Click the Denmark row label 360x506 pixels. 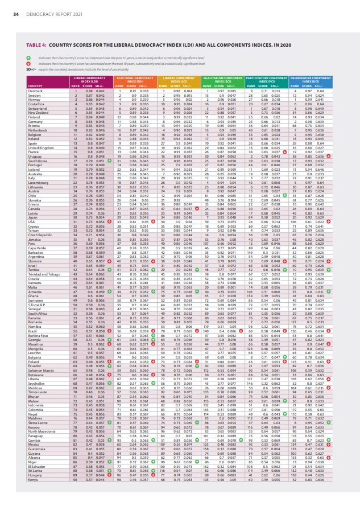click(x=35, y=91)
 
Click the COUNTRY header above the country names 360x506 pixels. click(x=35, y=87)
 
